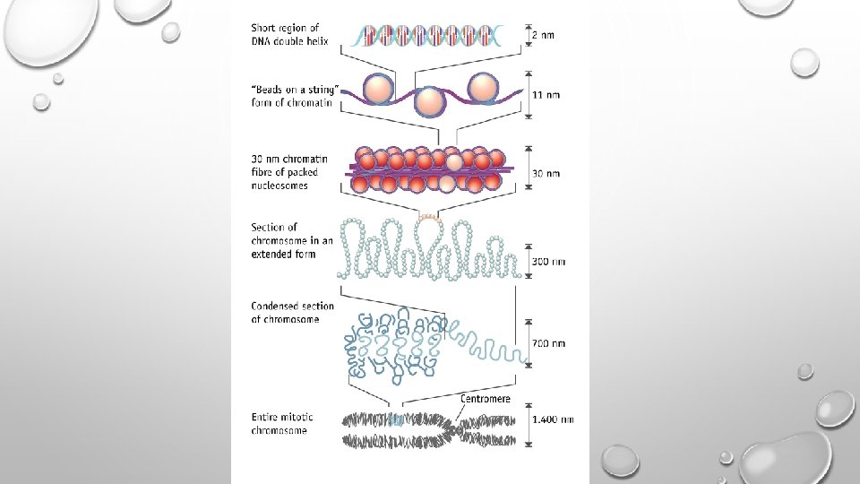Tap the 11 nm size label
pyautogui.click(x=547, y=94)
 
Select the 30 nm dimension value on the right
pyautogui.click(x=547, y=173)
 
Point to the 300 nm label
pyautogui.click(x=550, y=262)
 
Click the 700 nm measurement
pyautogui.click(x=550, y=343)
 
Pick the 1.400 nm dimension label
pyautogui.click(x=554, y=419)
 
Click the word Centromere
pyautogui.click(x=486, y=398)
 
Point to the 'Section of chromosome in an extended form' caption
pyautogui.click(x=292, y=240)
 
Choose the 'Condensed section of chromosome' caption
pyautogui.click(x=292, y=313)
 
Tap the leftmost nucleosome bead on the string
pyautogui.click(x=377, y=89)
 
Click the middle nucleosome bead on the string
pyautogui.click(x=431, y=101)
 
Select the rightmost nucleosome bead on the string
pyautogui.click(x=484, y=87)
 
